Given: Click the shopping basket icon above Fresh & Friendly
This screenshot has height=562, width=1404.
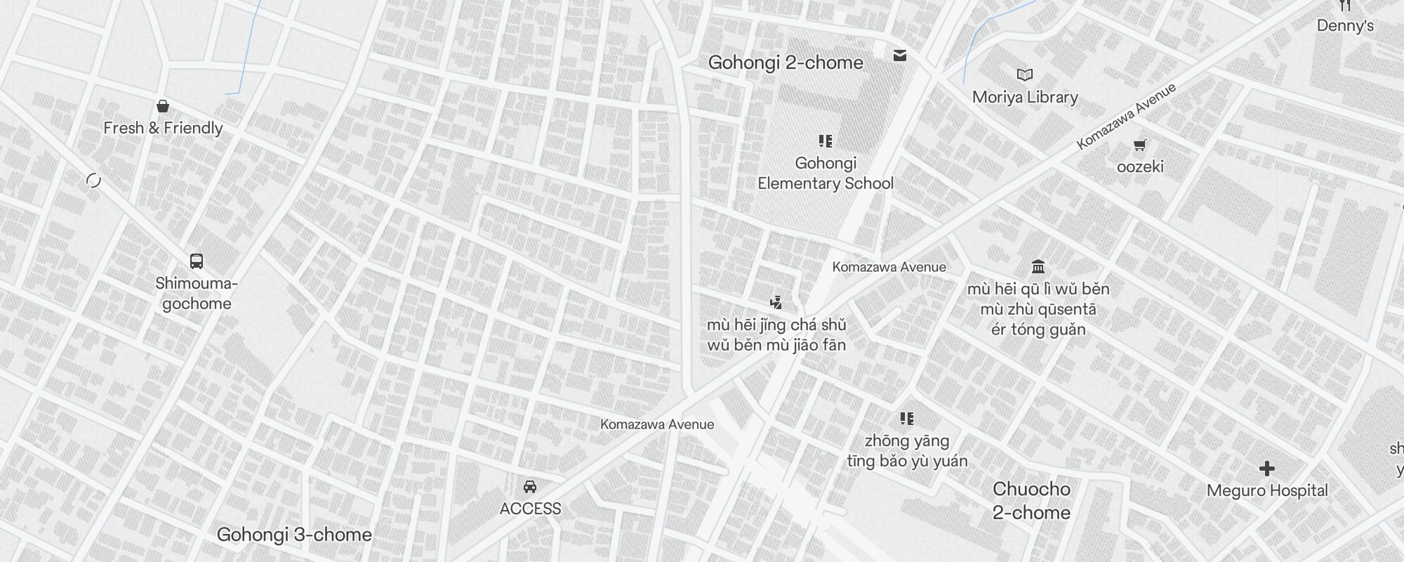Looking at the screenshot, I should click(x=163, y=106).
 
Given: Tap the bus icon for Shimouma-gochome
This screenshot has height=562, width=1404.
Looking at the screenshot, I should click(x=197, y=261).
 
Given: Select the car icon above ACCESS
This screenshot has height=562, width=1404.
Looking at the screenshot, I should click(x=530, y=487).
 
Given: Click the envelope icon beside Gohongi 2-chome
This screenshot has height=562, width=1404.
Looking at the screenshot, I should click(x=900, y=55).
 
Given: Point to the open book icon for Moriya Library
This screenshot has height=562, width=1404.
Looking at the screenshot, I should click(x=1025, y=74).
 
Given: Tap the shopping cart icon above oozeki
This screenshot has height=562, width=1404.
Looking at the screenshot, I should click(x=1139, y=145).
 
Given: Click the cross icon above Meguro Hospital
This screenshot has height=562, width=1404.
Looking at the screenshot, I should click(x=1267, y=469).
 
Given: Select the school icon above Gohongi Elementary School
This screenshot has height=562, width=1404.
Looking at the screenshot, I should click(x=826, y=141).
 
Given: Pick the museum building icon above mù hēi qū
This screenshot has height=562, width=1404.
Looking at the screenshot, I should click(x=1038, y=266).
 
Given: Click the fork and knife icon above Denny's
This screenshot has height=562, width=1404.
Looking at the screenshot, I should click(x=1344, y=6).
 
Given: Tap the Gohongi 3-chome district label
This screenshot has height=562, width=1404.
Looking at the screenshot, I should click(x=294, y=535).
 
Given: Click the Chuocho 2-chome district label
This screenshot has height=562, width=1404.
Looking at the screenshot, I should click(x=1031, y=501).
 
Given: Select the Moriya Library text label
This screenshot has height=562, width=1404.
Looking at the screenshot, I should click(x=1025, y=97).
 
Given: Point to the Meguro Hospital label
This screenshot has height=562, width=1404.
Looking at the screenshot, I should click(x=1267, y=490).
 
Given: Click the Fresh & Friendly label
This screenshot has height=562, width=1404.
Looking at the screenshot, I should click(x=163, y=128).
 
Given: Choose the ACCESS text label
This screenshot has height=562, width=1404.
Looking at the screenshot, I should click(x=530, y=509).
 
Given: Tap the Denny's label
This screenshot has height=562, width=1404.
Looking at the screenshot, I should click(x=1345, y=26).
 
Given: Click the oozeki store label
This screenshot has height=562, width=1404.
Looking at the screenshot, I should click(x=1140, y=166).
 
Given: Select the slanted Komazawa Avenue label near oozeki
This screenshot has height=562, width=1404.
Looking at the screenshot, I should click(x=1126, y=117).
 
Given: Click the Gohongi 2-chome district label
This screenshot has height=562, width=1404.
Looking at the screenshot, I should click(x=786, y=63).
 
